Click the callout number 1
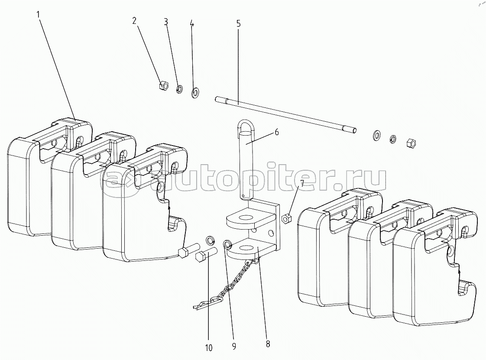tap(38, 15)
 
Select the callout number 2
tap(134, 21)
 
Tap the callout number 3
tap(166, 22)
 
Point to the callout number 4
tap(192, 24)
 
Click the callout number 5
tap(238, 23)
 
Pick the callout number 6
tap(276, 133)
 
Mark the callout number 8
tap(268, 344)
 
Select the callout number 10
tap(209, 348)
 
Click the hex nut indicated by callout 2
tap(163, 85)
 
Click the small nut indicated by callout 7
tap(286, 219)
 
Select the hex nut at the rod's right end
tap(411, 143)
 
